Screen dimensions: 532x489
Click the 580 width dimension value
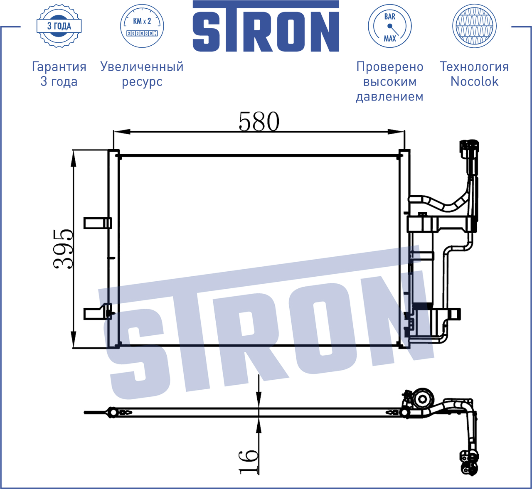tap(259, 121)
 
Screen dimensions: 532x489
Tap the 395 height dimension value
tap(63, 249)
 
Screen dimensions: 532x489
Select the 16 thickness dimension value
tap(248, 462)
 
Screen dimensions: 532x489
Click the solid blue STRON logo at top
tap(266, 26)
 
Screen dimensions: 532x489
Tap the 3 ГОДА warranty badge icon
tap(59, 26)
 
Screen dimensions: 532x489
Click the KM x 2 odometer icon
tap(142, 26)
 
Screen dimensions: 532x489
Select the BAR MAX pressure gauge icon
tap(389, 26)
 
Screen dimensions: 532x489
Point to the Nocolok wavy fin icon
tap(474, 26)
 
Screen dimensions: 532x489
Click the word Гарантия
tap(59, 66)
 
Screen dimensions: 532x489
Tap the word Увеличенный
tap(142, 66)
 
